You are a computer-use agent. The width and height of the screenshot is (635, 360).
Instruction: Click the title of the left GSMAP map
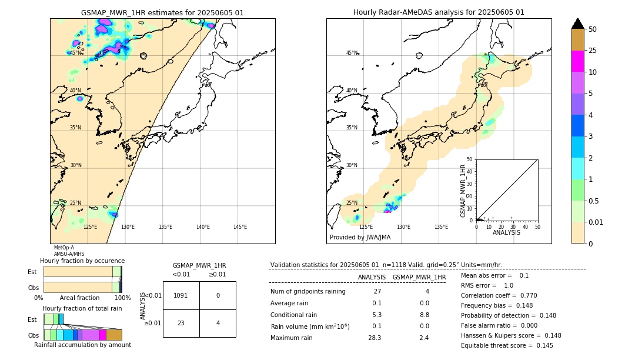point(162,12)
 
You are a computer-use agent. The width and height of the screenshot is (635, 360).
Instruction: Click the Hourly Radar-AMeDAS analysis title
point(439,12)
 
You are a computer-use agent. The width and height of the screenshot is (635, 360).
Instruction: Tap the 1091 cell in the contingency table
point(181,295)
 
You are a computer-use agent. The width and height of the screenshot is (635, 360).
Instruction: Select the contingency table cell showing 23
point(181,323)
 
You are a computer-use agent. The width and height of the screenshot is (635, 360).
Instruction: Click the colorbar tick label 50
point(593,29)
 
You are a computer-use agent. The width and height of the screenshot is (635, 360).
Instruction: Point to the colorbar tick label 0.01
point(596,222)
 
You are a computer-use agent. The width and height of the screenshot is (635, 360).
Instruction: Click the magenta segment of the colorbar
point(577,61)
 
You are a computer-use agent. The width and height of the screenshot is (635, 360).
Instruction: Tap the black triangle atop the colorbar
point(577,24)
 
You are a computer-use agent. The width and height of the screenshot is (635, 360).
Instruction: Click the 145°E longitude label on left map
point(240,227)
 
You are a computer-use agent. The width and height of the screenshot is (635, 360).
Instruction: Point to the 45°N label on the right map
point(352,53)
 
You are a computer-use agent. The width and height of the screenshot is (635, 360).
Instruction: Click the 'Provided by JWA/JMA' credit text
point(360,238)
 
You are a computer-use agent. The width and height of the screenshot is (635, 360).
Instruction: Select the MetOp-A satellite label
point(63,248)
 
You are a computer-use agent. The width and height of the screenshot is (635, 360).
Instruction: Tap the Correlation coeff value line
point(499,295)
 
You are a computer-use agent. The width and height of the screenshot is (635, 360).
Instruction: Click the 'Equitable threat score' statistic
point(507,345)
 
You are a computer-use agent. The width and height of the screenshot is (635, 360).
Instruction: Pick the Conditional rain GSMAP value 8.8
point(423,315)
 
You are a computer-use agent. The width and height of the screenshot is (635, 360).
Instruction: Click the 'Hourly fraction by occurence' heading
point(82,261)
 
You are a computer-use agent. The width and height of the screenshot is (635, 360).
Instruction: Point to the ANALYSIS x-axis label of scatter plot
point(506,232)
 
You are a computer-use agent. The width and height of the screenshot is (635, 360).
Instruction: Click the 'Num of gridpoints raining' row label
point(308,291)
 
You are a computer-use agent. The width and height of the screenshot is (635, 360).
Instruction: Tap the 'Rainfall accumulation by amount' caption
point(83,345)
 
